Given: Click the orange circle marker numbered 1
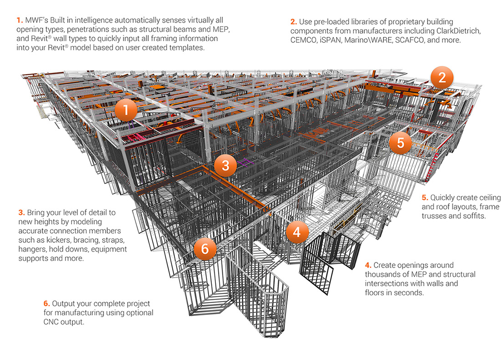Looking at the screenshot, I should (x=127, y=110).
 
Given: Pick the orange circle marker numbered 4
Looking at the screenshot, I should (x=297, y=232).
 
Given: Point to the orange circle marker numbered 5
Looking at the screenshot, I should (x=400, y=143).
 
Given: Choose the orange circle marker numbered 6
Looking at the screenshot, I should (x=205, y=249).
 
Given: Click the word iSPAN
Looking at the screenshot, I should (x=332, y=40).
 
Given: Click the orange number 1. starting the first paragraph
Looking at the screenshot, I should (x=19, y=21).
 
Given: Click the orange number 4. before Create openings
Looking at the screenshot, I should (x=368, y=265).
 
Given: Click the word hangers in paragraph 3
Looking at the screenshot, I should (x=34, y=249).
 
